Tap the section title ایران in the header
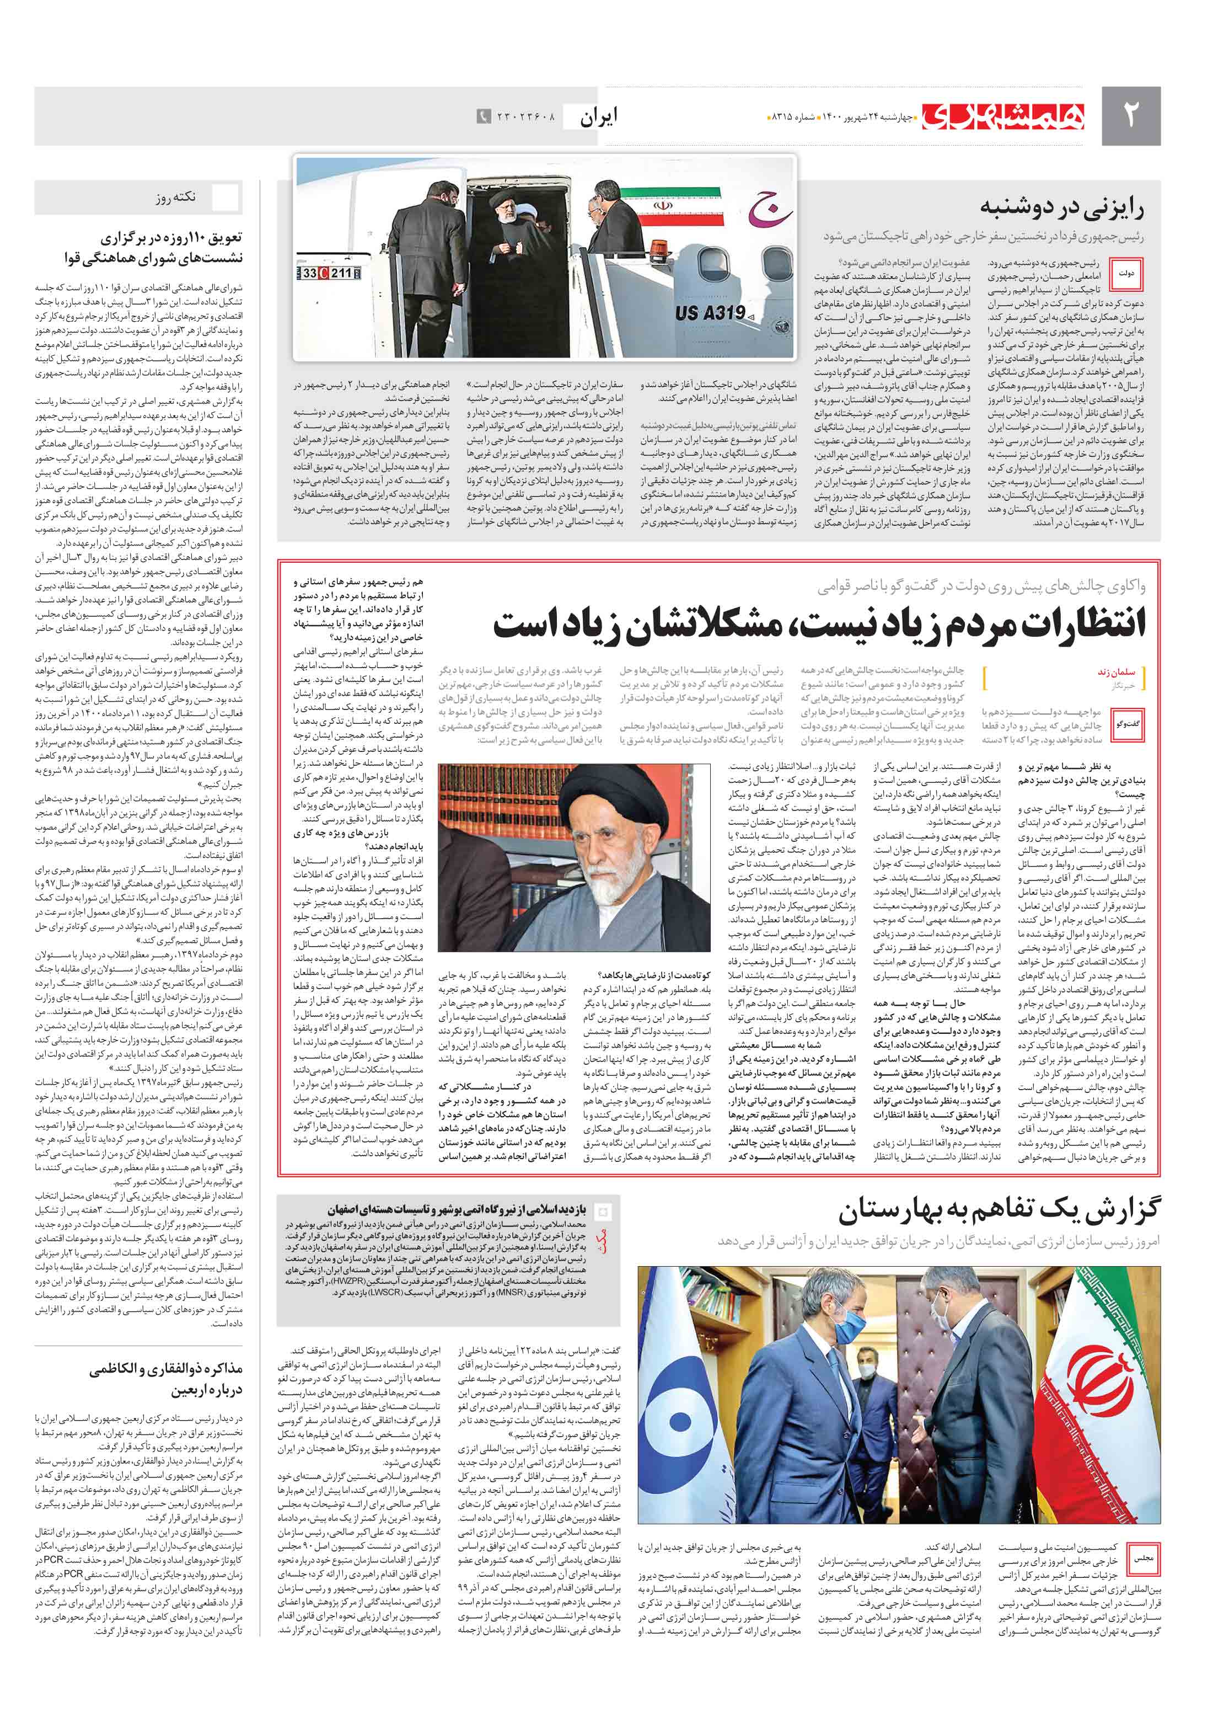point(599,116)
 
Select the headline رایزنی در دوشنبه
point(1061,207)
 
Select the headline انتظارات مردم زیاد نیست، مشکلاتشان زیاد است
point(819,625)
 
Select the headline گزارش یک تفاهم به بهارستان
point(998,1210)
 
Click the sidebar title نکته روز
point(176,198)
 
